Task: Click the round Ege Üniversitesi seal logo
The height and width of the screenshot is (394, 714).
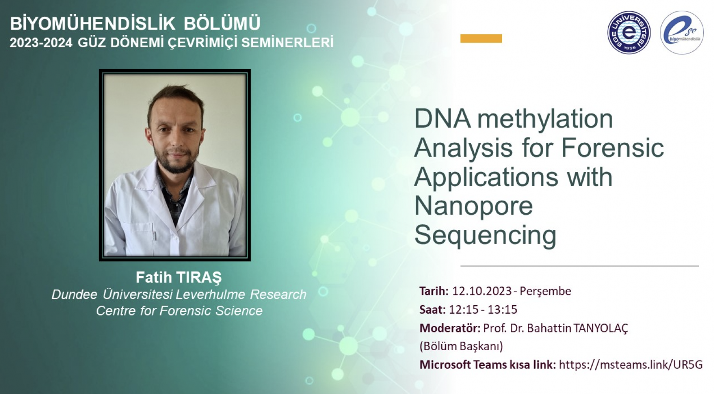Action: click(629, 33)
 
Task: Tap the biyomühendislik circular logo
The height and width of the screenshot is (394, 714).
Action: click(682, 33)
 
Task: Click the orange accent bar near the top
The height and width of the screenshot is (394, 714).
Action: click(481, 38)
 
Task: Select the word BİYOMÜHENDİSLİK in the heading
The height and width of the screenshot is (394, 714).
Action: click(92, 24)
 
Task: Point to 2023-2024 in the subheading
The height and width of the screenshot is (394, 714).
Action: click(41, 43)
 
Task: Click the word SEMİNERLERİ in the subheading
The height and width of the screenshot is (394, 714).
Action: click(287, 43)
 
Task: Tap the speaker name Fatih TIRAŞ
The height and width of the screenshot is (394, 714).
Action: click(178, 278)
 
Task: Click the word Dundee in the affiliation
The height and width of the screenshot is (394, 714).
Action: click(74, 294)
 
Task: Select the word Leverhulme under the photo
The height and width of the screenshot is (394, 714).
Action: click(210, 294)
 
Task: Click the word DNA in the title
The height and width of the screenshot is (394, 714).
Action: click(442, 119)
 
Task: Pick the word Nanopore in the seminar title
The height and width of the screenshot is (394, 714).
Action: click(473, 206)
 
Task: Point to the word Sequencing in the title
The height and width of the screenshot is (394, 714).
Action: click(485, 235)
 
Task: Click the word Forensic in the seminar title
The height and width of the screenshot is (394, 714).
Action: click(612, 148)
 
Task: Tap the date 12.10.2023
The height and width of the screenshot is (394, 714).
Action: click(482, 291)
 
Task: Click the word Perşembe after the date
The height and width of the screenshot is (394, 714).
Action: click(545, 291)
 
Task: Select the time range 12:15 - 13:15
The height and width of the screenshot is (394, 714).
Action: click(483, 310)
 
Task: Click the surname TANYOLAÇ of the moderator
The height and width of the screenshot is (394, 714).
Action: click(601, 328)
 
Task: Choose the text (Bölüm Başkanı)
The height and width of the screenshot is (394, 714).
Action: click(461, 346)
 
